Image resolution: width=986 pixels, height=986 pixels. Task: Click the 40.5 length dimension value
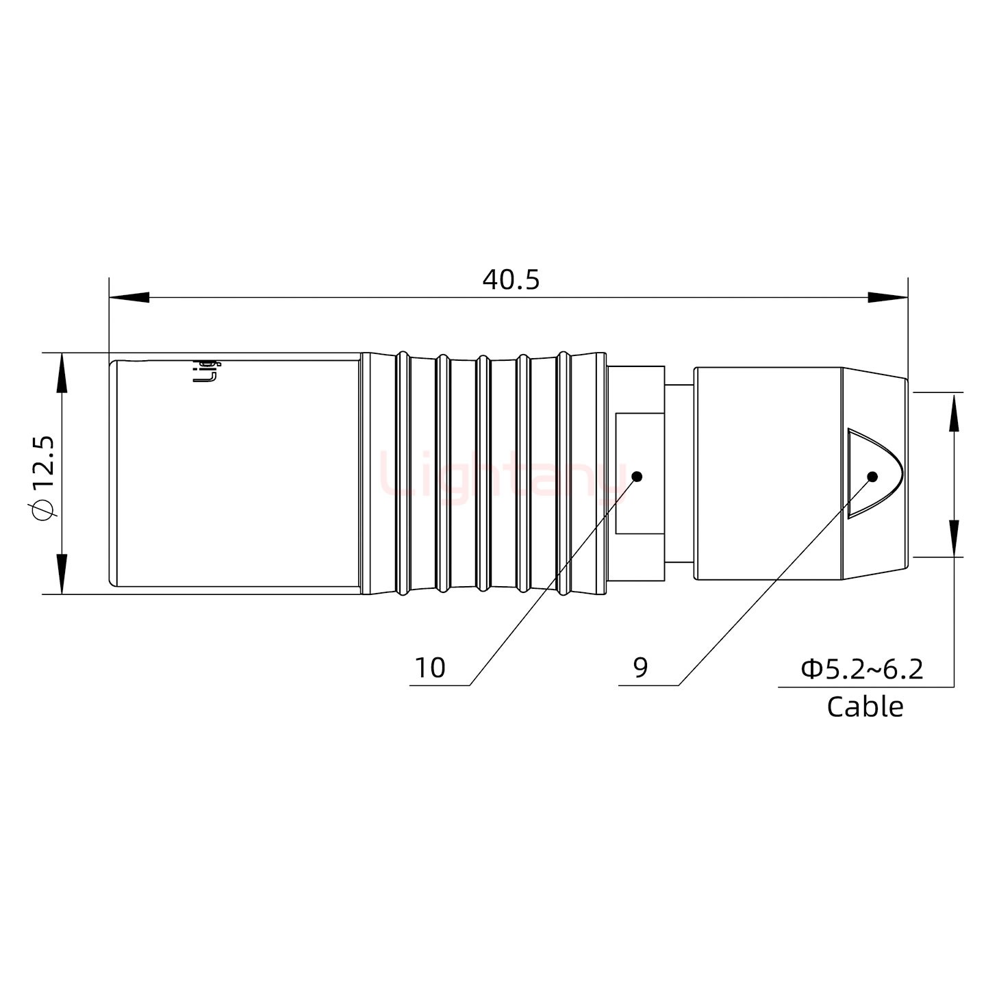click(x=511, y=279)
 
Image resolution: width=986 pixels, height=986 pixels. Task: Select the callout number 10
click(x=430, y=668)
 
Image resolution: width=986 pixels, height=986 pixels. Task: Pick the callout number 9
click(x=640, y=668)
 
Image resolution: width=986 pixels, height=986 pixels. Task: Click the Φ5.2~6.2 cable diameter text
click(x=862, y=669)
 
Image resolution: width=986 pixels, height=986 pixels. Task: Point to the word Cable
click(x=865, y=707)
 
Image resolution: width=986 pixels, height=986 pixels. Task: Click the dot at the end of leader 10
click(x=637, y=477)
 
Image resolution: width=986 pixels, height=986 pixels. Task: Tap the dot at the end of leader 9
click(x=872, y=477)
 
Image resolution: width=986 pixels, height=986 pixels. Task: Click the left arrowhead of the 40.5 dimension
click(x=129, y=298)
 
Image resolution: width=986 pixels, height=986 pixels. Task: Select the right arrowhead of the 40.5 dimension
click(x=887, y=298)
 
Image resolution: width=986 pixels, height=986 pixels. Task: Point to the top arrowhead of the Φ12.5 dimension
click(x=62, y=373)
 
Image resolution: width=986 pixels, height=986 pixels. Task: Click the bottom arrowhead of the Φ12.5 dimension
click(x=62, y=574)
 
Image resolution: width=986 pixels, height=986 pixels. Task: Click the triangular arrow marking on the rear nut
click(x=870, y=472)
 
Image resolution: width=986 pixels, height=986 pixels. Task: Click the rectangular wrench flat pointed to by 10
click(x=640, y=473)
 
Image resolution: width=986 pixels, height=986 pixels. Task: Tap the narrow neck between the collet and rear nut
click(x=679, y=473)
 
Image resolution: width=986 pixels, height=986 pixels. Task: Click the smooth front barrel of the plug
click(x=236, y=473)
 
